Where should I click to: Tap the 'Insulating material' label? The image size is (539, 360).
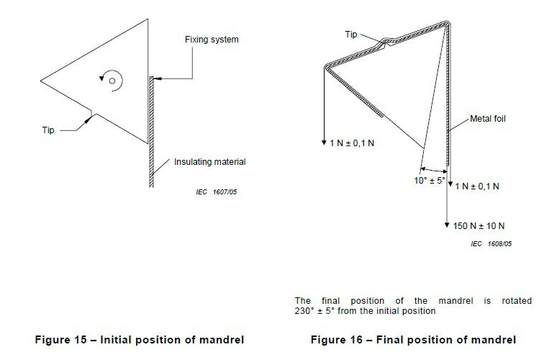point(209,162)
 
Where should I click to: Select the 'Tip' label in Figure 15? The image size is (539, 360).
point(47,130)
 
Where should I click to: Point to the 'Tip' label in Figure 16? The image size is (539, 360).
point(351,34)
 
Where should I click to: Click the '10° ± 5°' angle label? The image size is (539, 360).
point(430,180)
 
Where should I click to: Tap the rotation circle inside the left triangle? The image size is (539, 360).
point(112,81)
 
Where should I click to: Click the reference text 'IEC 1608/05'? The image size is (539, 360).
point(491,244)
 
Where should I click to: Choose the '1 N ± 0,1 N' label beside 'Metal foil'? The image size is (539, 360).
point(476,186)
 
